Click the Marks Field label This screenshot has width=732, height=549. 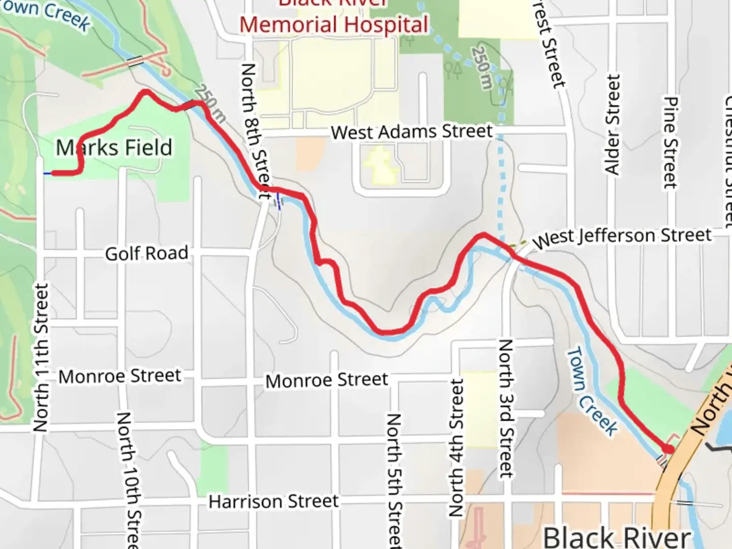click(x=114, y=148)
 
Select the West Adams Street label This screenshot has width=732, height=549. click(x=412, y=132)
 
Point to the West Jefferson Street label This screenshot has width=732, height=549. click(x=622, y=237)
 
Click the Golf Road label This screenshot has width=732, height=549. click(x=146, y=253)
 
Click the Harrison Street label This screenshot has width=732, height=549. click(x=273, y=502)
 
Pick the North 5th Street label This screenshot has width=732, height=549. click(x=394, y=480)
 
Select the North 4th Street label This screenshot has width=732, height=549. click(x=456, y=447)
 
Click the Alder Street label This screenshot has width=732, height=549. click(x=613, y=124)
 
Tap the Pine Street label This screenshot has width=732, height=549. click(x=670, y=142)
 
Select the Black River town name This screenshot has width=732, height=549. click(x=617, y=537)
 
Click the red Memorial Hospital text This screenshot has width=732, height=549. click(x=334, y=24)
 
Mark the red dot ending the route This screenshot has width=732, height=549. click(x=668, y=449)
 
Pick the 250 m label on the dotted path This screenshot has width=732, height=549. click(x=482, y=68)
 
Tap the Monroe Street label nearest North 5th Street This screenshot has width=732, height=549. click(x=326, y=380)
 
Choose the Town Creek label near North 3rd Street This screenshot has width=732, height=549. click(x=592, y=390)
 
